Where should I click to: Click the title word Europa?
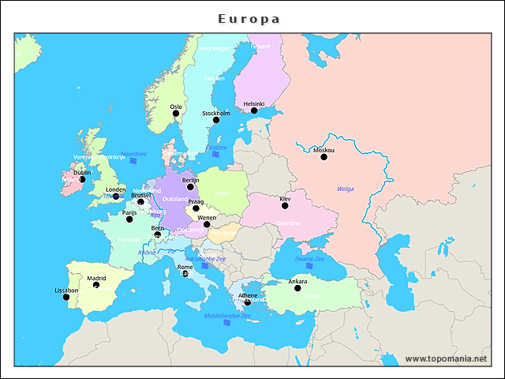click(249, 18)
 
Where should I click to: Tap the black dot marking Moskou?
click(324, 157)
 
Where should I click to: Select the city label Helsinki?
click(254, 103)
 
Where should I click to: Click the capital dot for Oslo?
click(176, 114)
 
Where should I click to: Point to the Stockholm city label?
click(216, 113)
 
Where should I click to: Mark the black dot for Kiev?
click(285, 205)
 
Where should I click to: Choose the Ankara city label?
click(297, 281)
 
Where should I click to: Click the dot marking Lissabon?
click(66, 297)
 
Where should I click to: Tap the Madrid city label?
click(96, 278)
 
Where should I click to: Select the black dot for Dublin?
click(82, 179)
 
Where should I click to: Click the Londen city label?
click(115, 189)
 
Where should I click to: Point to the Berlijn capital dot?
click(190, 187)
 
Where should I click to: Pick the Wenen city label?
click(207, 217)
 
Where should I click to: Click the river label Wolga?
click(346, 189)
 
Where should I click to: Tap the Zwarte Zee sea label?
click(309, 258)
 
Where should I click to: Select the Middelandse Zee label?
click(227, 315)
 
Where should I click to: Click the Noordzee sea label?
click(133, 154)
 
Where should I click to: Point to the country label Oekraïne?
click(288, 223)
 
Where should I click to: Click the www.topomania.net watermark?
click(446, 358)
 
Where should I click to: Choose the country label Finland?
click(260, 47)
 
